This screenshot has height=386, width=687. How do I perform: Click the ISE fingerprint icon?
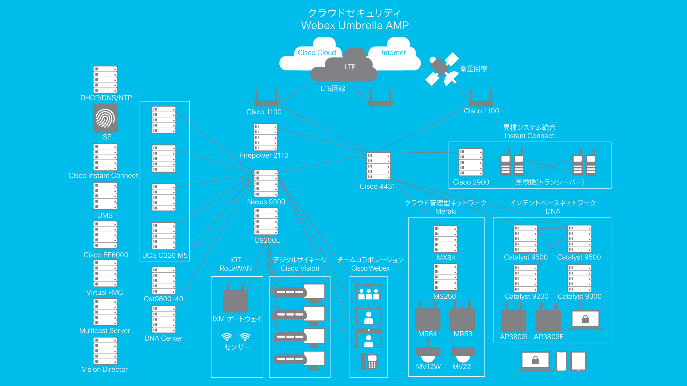click(x=105, y=118)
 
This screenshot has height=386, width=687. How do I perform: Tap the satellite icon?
click(x=442, y=70)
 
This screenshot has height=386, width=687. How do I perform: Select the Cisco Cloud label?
click(x=317, y=53)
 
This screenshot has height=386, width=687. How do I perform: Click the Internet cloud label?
click(x=394, y=53)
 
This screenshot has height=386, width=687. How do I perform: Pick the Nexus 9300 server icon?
click(x=266, y=183)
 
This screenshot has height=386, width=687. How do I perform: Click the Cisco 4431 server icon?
click(x=379, y=166)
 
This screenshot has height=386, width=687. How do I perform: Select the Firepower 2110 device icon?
click(x=265, y=137)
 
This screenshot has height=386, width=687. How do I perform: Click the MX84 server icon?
click(x=445, y=239)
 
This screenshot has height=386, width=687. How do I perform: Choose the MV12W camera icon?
click(x=428, y=354)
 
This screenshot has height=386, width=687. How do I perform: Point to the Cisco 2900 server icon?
click(x=471, y=163)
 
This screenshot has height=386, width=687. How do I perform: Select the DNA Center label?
click(x=163, y=338)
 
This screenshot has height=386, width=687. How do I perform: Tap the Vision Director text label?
click(x=104, y=369)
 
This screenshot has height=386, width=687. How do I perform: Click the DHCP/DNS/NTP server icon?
click(x=105, y=79)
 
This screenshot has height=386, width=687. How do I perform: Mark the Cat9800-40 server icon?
click(x=164, y=281)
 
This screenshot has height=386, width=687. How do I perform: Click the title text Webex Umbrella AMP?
click(x=355, y=25)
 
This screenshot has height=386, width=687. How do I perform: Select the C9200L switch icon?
click(x=266, y=221)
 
